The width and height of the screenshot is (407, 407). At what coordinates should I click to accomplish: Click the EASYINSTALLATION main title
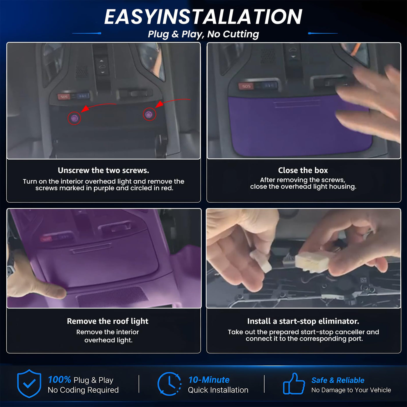tap(203, 17)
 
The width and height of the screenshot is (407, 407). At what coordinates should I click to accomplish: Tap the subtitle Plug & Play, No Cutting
tap(203, 34)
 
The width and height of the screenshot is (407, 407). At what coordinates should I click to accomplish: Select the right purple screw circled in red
tap(149, 115)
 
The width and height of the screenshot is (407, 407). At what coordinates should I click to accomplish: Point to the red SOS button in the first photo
tap(64, 97)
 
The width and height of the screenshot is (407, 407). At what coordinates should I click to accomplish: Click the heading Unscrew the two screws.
tap(103, 170)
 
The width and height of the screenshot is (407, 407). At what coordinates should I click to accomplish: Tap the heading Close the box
tap(303, 170)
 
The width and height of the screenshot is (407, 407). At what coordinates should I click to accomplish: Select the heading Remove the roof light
tap(108, 321)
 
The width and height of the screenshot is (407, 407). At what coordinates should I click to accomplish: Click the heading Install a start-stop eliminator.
tap(303, 321)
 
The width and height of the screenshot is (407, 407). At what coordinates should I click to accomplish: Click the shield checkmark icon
tap(29, 383)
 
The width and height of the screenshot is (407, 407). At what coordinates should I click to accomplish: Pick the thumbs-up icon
tap(294, 384)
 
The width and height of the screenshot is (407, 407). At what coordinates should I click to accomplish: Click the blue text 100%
tap(59, 380)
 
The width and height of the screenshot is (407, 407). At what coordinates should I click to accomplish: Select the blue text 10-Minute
tap(209, 380)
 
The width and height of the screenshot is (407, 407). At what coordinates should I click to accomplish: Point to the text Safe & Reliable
tap(338, 380)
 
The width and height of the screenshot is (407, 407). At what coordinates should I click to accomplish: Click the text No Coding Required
tap(83, 390)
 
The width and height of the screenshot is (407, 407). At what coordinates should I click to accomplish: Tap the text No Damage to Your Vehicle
tap(351, 390)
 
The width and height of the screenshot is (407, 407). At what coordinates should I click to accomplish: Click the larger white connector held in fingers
tap(312, 262)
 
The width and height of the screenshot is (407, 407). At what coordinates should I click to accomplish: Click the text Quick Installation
tap(218, 390)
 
